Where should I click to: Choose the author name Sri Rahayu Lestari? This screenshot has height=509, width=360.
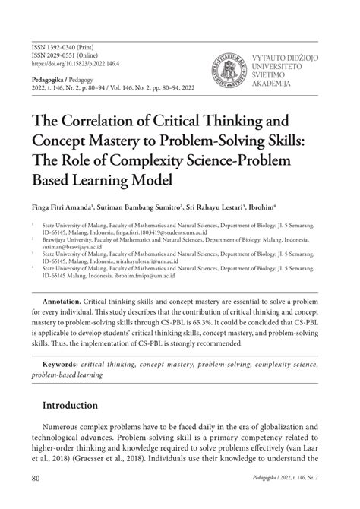click(199, 207)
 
